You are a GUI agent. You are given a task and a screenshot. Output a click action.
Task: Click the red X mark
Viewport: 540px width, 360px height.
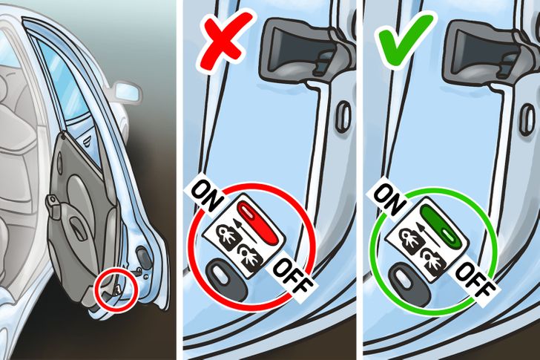pyautogui.click(x=225, y=41)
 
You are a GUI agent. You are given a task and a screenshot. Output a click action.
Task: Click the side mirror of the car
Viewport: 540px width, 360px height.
pyautogui.click(x=126, y=92)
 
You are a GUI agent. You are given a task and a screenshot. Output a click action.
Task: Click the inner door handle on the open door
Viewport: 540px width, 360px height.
pyautogui.click(x=53, y=205)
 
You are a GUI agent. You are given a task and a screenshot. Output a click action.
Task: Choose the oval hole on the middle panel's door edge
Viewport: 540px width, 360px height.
pyautogui.click(x=342, y=116)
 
